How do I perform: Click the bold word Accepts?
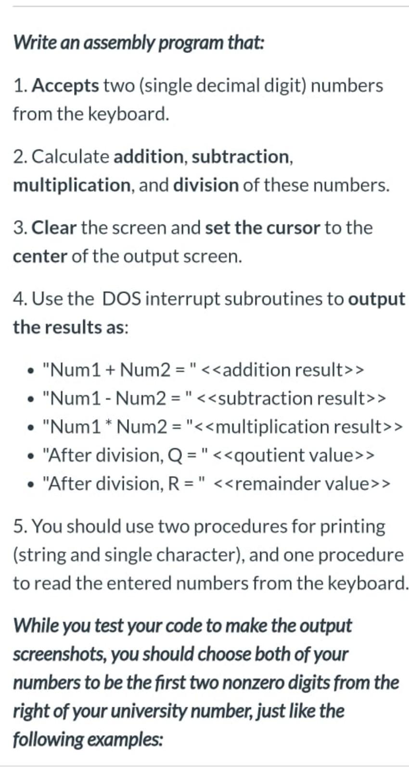pyautogui.click(x=65, y=86)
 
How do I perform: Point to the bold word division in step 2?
pyautogui.click(x=205, y=185)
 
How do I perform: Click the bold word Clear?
pyautogui.click(x=54, y=228)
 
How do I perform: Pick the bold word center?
pyautogui.click(x=39, y=256)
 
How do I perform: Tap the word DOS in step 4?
pyautogui.click(x=121, y=299)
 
